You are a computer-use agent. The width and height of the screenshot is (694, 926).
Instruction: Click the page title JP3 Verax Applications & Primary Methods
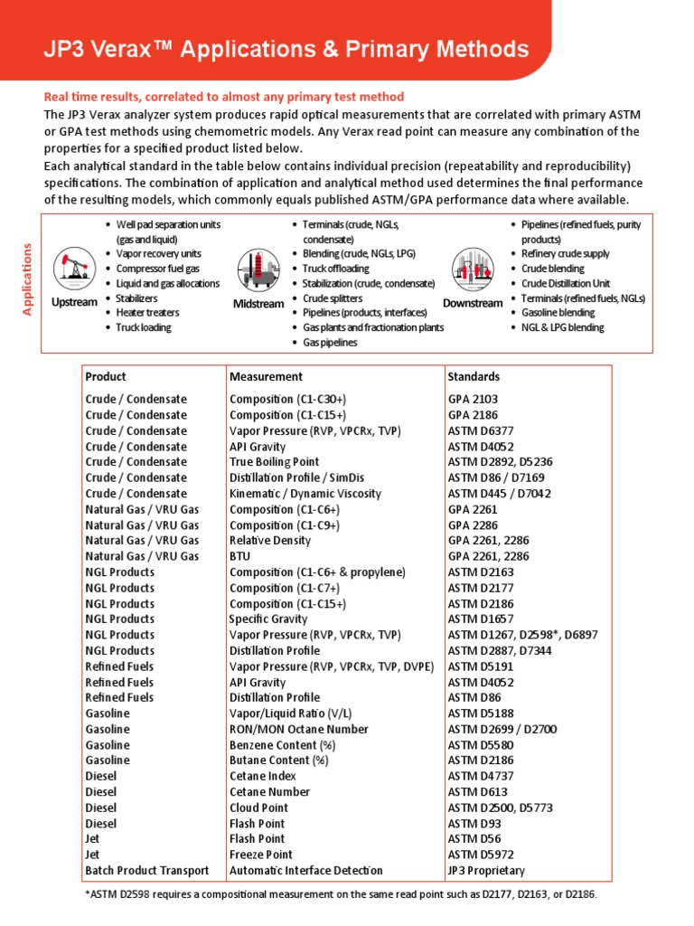click(x=286, y=50)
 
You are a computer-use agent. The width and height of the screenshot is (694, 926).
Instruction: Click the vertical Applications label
click(x=27, y=279)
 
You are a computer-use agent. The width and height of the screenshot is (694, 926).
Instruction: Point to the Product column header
click(x=106, y=376)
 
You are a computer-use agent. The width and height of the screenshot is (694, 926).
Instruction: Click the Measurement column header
click(x=266, y=376)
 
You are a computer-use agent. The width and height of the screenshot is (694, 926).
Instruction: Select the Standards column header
click(x=474, y=376)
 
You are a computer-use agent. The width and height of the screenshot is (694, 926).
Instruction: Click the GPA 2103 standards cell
click(x=473, y=399)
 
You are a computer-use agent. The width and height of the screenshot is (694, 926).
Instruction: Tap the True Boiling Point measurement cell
click(x=274, y=462)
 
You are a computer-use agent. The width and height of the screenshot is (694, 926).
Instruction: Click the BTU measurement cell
click(x=239, y=556)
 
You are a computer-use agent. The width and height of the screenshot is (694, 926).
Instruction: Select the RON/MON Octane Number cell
click(x=298, y=729)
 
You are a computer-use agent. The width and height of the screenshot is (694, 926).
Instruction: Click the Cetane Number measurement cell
click(x=269, y=791)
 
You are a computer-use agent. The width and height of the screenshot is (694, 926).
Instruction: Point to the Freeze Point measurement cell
click(x=261, y=855)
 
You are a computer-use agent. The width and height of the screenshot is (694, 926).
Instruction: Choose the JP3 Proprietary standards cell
click(x=486, y=870)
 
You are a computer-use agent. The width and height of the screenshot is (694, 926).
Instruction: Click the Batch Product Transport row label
click(x=146, y=870)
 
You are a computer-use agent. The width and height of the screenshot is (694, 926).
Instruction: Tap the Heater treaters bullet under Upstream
click(x=147, y=313)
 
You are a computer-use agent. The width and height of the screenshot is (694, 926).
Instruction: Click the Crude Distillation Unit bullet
click(x=565, y=283)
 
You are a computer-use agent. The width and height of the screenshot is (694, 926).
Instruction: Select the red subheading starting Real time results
click(x=224, y=97)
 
